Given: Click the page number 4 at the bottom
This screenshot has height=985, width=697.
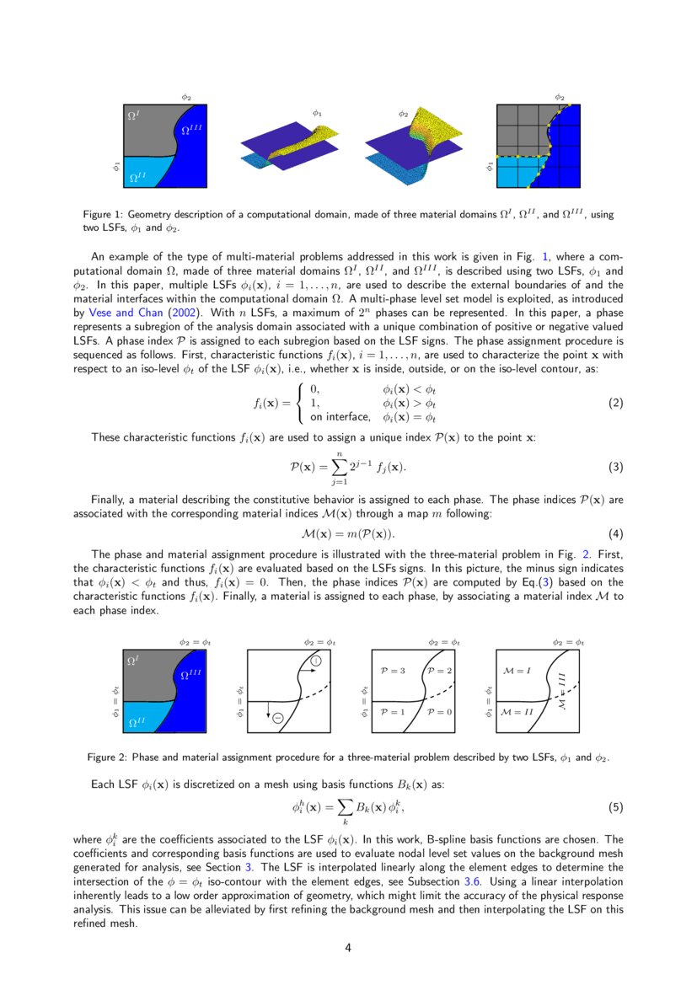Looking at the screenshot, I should point(348,948).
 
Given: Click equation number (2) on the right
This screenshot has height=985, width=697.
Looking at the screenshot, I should point(615,403).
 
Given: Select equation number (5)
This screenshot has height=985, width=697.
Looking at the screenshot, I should point(615,807).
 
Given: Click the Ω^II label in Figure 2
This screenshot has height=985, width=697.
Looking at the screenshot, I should point(136,722).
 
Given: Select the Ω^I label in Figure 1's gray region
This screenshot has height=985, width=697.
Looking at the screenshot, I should point(133,114).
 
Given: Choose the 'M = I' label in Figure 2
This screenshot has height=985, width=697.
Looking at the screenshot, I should point(516,671).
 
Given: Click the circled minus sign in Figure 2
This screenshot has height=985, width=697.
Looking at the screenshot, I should point(277,717).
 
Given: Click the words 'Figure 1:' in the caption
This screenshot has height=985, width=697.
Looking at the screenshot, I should point(103,215).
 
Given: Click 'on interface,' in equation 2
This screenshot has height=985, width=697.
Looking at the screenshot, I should point(340,416).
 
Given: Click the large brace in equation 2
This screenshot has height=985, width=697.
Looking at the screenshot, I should point(298,403).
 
